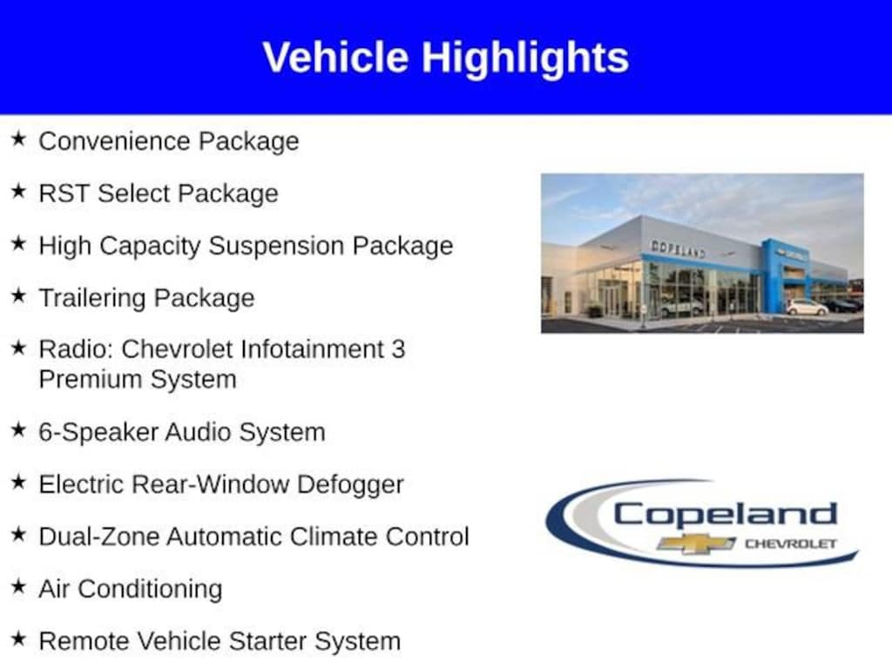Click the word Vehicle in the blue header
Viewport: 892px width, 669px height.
[x=335, y=57]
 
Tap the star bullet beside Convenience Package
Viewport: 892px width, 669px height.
[x=18, y=139]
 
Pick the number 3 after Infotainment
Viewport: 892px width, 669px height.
[x=398, y=349]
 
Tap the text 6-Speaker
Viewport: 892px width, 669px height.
[x=98, y=432]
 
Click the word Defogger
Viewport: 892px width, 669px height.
[x=350, y=485]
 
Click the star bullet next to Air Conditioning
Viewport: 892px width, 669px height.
[x=18, y=586]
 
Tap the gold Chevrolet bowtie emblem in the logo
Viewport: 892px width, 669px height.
[x=696, y=544]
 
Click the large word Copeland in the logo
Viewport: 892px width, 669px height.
[x=726, y=516]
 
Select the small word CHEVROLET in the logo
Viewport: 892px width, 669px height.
[x=791, y=544]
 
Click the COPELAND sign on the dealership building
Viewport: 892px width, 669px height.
[x=678, y=248]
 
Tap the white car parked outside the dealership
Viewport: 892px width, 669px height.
[x=807, y=307]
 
